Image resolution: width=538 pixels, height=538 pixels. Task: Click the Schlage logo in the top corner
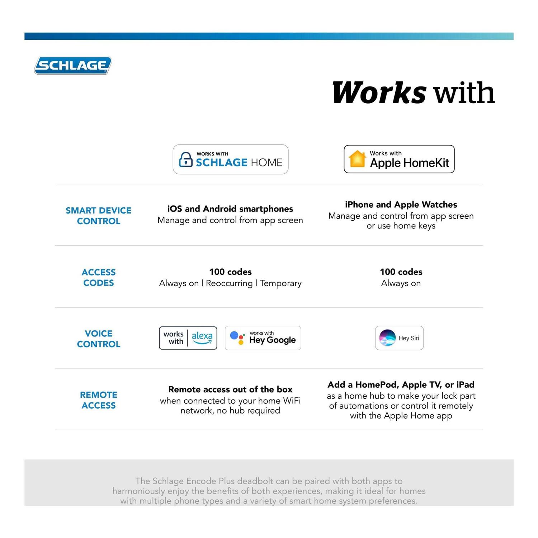click(73, 66)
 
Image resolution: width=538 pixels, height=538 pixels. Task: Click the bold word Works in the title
click(379, 93)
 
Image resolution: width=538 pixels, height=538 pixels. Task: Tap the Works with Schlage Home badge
click(231, 159)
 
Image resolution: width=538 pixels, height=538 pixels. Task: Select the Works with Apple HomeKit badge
click(399, 159)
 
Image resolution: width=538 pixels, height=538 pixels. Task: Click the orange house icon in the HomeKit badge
click(357, 159)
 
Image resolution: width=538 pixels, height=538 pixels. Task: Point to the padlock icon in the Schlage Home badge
click(185, 160)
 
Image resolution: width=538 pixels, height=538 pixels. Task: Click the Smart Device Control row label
click(99, 216)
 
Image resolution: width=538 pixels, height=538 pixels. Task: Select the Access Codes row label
click(99, 277)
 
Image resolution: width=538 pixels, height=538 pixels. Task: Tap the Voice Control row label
click(99, 339)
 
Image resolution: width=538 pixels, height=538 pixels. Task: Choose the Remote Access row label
click(99, 400)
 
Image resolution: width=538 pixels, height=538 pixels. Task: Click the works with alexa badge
click(188, 338)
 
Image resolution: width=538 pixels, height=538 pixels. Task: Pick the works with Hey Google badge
click(263, 338)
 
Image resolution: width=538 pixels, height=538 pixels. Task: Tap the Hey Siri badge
click(399, 338)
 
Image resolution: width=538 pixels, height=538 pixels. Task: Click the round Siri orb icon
click(387, 338)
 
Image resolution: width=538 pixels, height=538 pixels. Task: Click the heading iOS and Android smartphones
click(230, 209)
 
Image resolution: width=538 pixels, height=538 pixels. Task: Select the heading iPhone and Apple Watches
click(401, 204)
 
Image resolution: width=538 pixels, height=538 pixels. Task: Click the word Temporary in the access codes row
click(280, 283)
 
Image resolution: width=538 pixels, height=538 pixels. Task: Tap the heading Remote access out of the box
click(230, 389)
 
